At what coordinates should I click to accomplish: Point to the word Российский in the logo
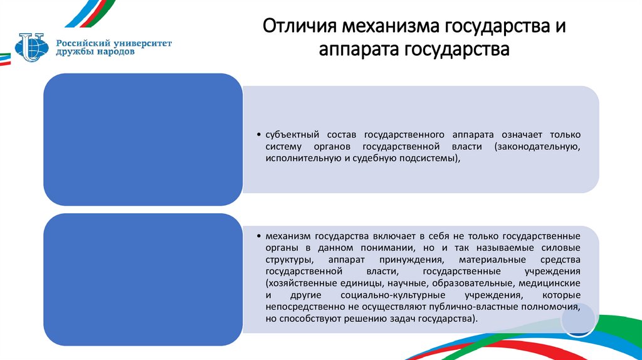coord(80,43)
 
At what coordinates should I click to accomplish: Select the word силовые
coord(561,248)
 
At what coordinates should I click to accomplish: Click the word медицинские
coord(551,283)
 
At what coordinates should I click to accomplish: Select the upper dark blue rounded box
coord(142,139)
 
